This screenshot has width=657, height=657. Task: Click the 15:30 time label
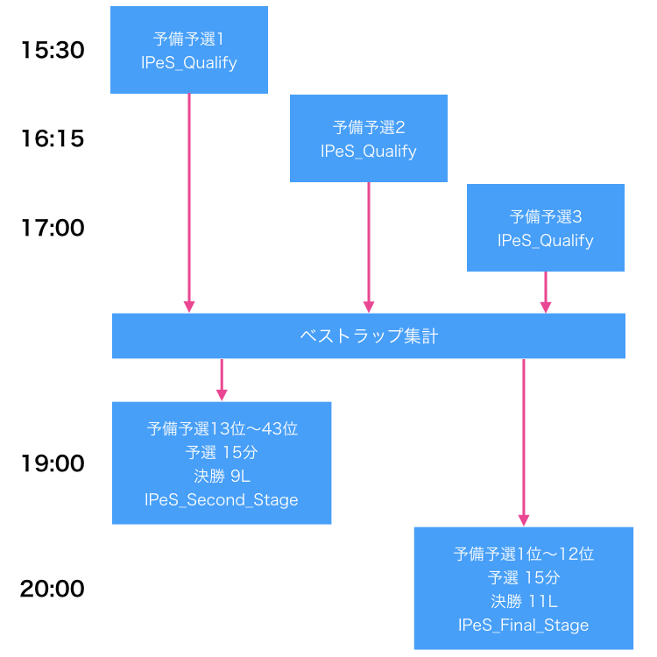(x=53, y=51)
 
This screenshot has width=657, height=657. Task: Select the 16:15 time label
(x=53, y=138)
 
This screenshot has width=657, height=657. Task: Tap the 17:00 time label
(x=53, y=228)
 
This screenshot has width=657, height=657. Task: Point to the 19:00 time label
(x=53, y=463)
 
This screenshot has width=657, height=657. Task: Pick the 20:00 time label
(x=53, y=589)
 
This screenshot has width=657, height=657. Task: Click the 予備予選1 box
(x=188, y=50)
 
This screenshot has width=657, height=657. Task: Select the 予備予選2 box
(x=368, y=138)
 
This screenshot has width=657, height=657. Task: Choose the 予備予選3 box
(x=545, y=228)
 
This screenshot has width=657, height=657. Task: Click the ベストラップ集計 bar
(x=368, y=336)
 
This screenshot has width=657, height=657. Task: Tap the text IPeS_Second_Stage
(x=222, y=500)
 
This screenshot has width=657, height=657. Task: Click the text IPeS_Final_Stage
(x=523, y=625)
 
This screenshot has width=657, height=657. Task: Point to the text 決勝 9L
(x=222, y=477)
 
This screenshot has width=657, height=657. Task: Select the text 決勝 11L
(x=523, y=601)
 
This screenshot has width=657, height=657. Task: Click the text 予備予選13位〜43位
(x=222, y=429)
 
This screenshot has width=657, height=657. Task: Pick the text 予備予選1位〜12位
(x=523, y=554)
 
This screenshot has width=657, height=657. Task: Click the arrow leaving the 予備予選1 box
(x=188, y=201)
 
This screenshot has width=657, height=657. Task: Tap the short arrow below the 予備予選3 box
(x=545, y=292)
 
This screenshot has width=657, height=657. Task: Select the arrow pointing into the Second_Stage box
(x=222, y=379)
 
